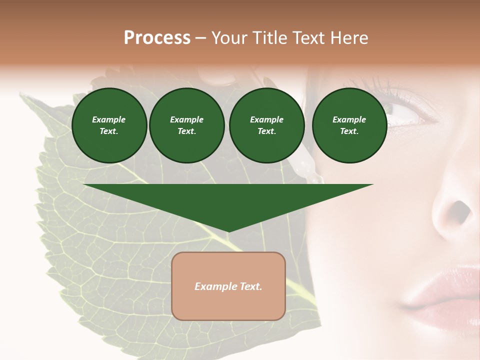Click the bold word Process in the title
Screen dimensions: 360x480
[x=157, y=38]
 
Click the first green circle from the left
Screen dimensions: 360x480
[x=109, y=125]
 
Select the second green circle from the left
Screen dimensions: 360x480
[x=186, y=125]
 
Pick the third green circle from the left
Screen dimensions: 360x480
[x=266, y=125]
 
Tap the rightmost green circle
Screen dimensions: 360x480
[x=349, y=125]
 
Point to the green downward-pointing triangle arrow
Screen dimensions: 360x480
[x=228, y=202]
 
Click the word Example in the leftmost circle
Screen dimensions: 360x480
[x=109, y=119]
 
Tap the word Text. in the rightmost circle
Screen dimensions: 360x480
[x=349, y=131]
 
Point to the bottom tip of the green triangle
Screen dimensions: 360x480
[x=228, y=231]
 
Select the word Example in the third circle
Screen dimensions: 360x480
[x=266, y=119]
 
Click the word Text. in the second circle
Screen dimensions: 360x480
[x=186, y=131]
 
